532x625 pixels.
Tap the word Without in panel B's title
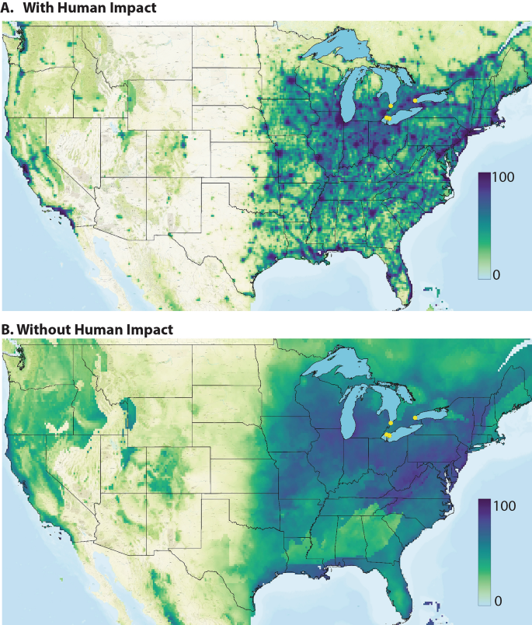point(43,329)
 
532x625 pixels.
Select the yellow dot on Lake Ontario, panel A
point(415,100)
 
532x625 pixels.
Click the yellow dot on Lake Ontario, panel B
point(415,417)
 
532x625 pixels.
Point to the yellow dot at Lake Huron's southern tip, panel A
point(390,106)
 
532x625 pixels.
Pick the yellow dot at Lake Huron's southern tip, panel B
point(390,422)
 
